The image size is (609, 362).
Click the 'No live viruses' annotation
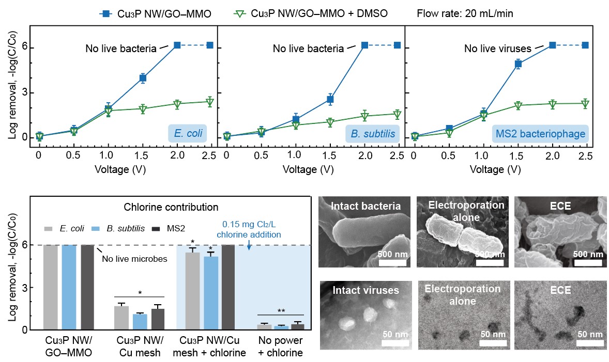[x=497, y=49]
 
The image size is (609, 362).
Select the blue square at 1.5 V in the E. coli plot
[x=143, y=78]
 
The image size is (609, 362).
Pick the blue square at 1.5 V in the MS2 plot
[x=519, y=64]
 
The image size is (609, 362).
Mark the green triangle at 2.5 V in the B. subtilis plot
[x=397, y=114]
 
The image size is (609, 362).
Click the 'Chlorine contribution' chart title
[x=171, y=208]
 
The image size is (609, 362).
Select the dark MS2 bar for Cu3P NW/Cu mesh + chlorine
[x=228, y=287]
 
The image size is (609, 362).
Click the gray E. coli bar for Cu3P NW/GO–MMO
[x=50, y=287]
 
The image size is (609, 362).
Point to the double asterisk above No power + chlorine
[x=281, y=311]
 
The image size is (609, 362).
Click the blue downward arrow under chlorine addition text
[x=249, y=246]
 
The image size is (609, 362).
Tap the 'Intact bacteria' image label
[x=367, y=207]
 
